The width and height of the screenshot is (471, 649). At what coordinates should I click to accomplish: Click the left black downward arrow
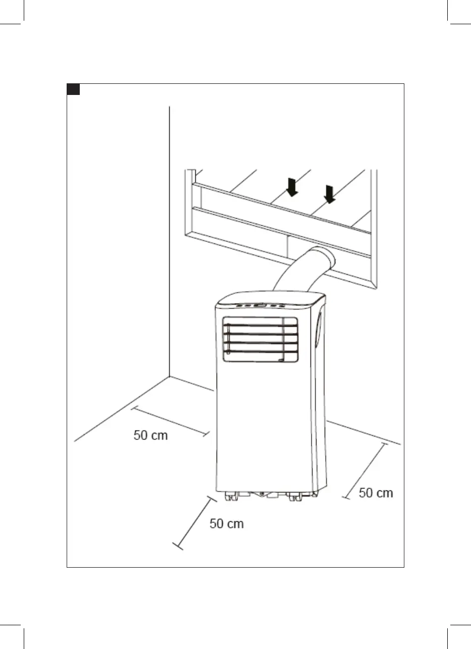point(292,187)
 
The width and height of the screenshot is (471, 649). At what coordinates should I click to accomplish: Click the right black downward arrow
point(330,194)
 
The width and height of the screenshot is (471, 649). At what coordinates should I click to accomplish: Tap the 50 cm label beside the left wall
point(150,435)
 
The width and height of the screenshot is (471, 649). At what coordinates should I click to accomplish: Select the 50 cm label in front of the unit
point(227,524)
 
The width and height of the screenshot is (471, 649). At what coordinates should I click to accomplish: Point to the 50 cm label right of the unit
point(376,493)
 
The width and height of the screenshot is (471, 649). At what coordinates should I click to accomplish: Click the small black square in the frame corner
point(74,90)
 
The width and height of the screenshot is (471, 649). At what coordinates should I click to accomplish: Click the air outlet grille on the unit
point(260,339)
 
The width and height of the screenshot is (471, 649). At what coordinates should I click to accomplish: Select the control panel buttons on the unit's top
point(260,305)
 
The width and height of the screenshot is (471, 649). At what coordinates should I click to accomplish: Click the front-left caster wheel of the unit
point(231,497)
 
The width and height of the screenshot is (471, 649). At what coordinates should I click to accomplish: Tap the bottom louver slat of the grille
point(260,352)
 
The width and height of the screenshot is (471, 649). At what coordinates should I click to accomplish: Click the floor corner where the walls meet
point(170,376)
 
